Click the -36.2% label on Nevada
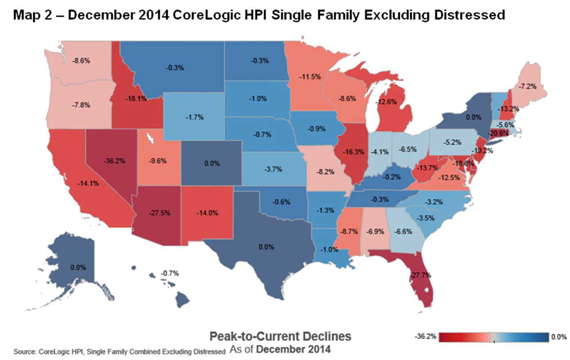coord(114,161)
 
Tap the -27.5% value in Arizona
coord(160,213)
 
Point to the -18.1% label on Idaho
coord(135,99)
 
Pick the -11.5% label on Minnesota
coord(310,77)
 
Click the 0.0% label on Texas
coord(266,247)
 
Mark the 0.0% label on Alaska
coord(78,267)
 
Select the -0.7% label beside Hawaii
coord(170,273)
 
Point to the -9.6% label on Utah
coord(157,161)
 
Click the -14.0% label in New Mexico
coord(207,213)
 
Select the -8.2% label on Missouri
coord(326,172)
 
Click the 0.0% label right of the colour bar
coord(559,337)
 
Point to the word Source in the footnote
coord(24,352)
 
